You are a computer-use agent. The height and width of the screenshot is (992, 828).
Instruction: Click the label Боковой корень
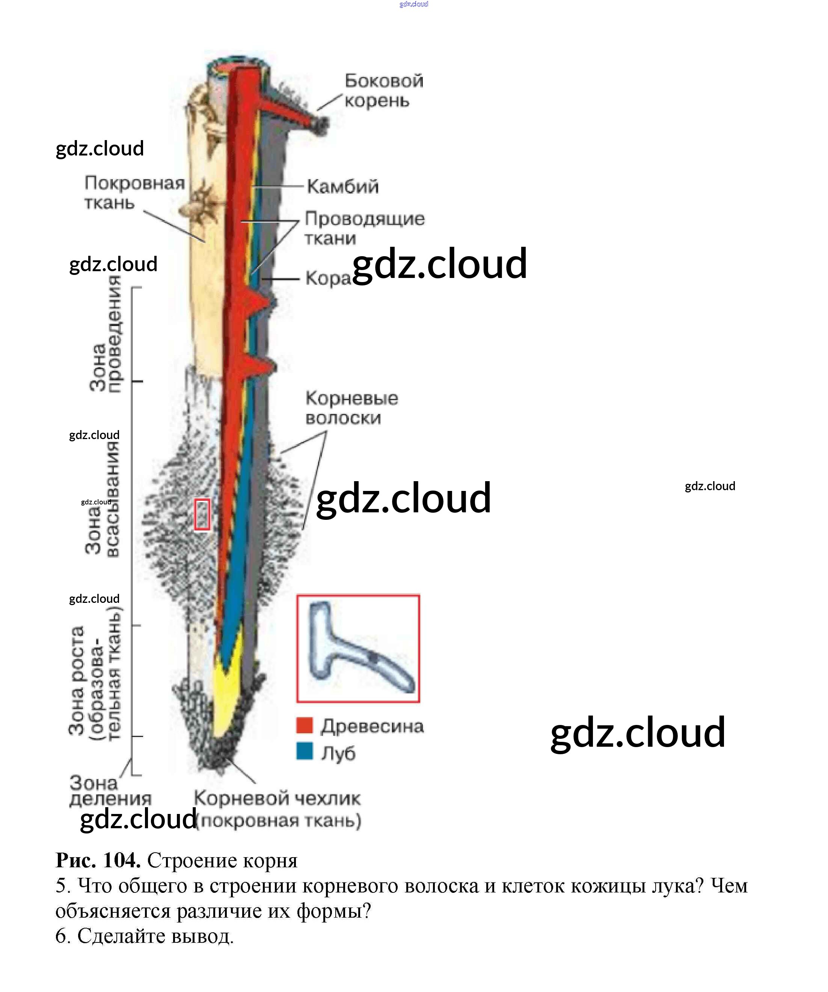[383, 90]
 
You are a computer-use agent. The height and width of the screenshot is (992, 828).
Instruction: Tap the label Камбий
[343, 187]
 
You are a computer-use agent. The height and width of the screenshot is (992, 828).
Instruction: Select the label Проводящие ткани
[364, 228]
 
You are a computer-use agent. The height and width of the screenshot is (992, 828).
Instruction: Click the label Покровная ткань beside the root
[134, 192]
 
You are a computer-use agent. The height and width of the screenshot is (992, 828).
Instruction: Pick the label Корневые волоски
[351, 408]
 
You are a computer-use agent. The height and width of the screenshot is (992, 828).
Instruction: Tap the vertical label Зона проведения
[106, 334]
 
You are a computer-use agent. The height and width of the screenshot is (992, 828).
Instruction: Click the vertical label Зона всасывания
[102, 500]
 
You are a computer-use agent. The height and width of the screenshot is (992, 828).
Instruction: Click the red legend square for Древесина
[305, 725]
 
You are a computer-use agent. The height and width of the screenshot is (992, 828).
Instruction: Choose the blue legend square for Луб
[305, 751]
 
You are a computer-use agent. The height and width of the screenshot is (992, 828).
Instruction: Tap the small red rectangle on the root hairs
[202, 515]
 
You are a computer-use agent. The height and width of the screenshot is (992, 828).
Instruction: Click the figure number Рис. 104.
[98, 860]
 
